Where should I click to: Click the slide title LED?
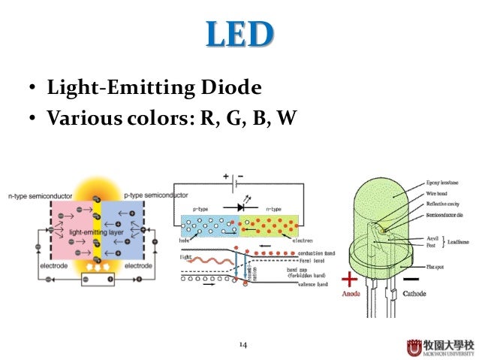tap(239, 34)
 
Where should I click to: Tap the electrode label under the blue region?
tap(139, 266)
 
